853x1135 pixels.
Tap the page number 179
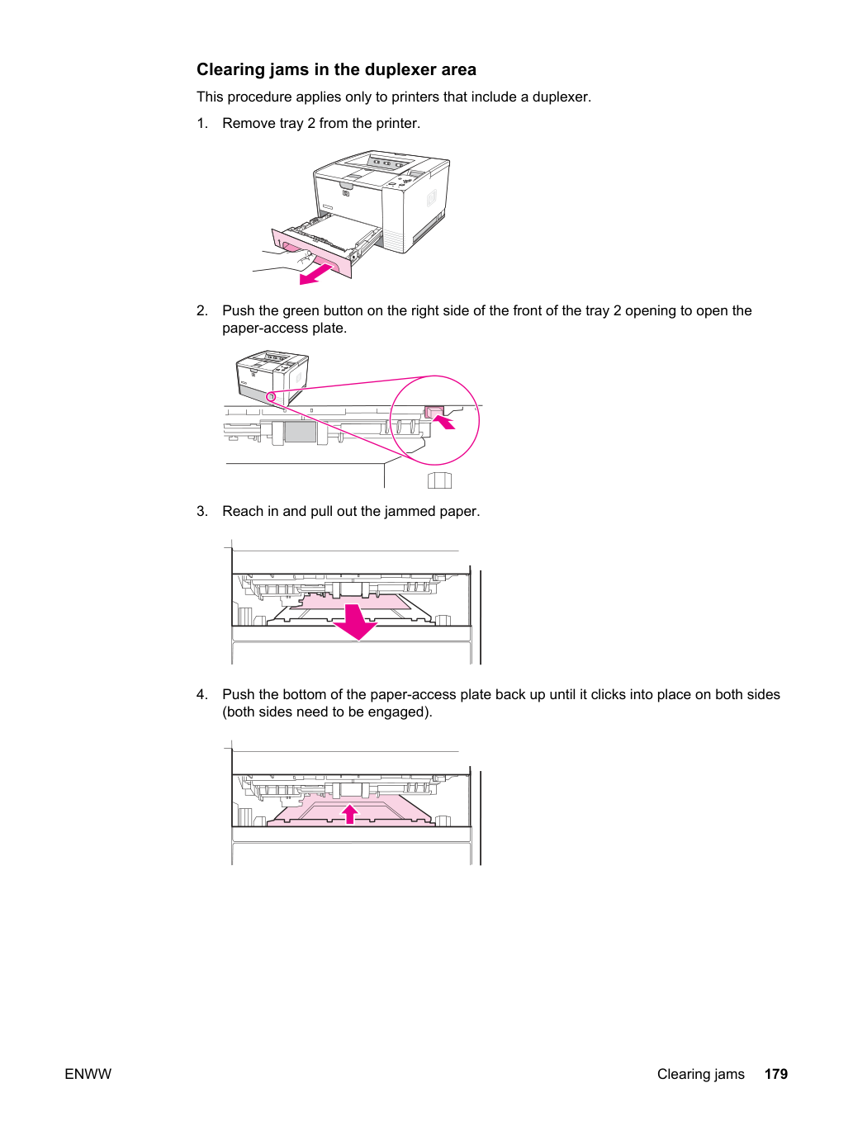click(x=776, y=1074)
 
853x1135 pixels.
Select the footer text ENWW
click(x=88, y=1074)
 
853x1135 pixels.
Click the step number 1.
click(x=201, y=123)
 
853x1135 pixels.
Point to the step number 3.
click(x=201, y=511)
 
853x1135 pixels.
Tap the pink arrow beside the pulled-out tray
click(x=316, y=274)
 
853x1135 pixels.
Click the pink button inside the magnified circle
click(x=434, y=412)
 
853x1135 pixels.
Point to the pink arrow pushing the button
click(x=443, y=422)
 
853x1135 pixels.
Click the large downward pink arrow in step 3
click(x=355, y=622)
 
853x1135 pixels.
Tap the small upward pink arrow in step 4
click(x=350, y=814)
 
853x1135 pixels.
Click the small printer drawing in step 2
click(x=272, y=378)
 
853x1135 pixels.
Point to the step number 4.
click(x=201, y=694)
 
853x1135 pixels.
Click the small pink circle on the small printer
click(x=271, y=396)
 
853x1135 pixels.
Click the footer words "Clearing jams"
click(x=700, y=1075)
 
